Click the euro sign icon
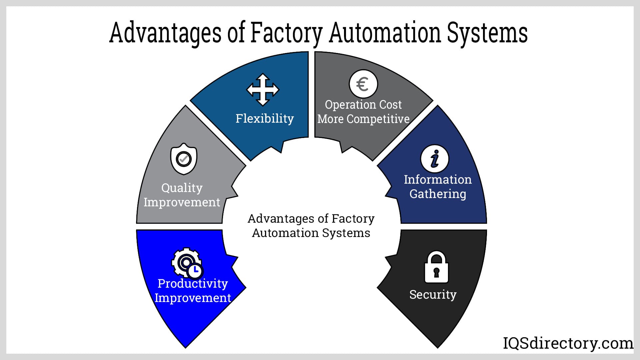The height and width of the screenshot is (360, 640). pos(363,84)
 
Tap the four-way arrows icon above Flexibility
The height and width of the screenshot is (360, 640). pos(263,90)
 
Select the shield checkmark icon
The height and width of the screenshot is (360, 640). pos(184,159)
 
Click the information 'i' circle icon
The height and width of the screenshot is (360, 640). pos(435,159)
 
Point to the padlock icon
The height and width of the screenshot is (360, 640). pos(436,267)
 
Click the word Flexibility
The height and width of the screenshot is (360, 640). pos(265,118)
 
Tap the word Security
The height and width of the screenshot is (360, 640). pos(433,294)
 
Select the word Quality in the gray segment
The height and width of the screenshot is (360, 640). pos(182,188)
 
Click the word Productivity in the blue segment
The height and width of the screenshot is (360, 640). pos(193,283)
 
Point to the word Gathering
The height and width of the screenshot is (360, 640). pos(437,194)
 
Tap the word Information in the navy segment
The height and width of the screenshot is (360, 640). pos(438,179)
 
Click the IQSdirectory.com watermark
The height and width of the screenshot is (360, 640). pos(568,343)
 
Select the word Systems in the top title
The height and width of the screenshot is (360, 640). pos(487,33)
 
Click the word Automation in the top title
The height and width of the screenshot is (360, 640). pos(385,33)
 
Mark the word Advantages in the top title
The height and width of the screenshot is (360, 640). pos(165,33)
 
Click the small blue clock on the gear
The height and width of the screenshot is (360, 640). pos(195,271)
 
